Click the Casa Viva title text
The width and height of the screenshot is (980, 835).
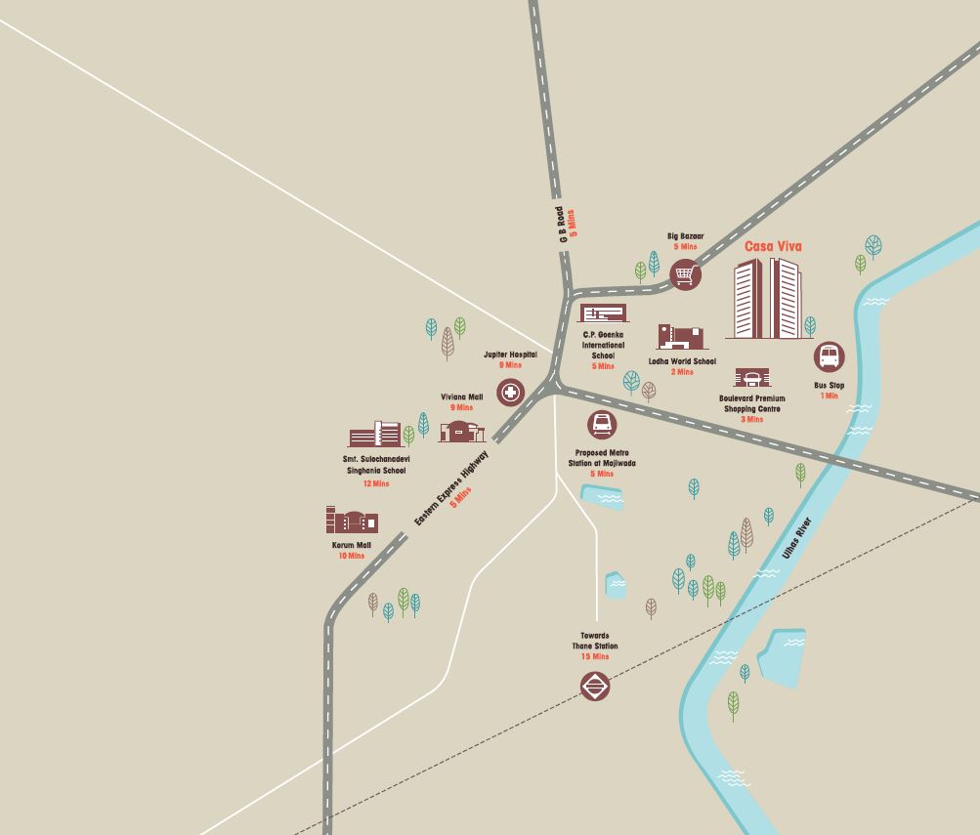click(772, 246)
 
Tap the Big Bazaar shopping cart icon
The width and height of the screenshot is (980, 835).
click(686, 275)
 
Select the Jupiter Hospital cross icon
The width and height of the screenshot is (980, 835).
click(510, 393)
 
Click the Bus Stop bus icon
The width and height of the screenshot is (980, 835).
click(829, 356)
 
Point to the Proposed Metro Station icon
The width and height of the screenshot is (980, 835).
click(602, 425)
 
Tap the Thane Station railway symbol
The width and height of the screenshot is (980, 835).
click(595, 687)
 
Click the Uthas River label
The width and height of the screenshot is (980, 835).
click(796, 536)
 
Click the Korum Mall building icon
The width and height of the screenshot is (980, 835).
click(351, 520)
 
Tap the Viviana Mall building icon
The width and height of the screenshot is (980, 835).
click(462, 430)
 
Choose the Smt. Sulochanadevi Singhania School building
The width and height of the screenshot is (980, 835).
click(374, 436)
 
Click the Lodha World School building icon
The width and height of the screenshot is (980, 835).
click(680, 337)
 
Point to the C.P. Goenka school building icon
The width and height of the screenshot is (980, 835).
click(603, 313)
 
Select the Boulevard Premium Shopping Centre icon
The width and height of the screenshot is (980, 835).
click(751, 379)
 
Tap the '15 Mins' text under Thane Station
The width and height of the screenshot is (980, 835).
click(594, 657)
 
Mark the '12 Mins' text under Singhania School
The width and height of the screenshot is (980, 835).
click(375, 483)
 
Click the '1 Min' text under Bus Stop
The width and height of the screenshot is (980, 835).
click(829, 397)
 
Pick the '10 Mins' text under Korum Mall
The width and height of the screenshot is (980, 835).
click(351, 556)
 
